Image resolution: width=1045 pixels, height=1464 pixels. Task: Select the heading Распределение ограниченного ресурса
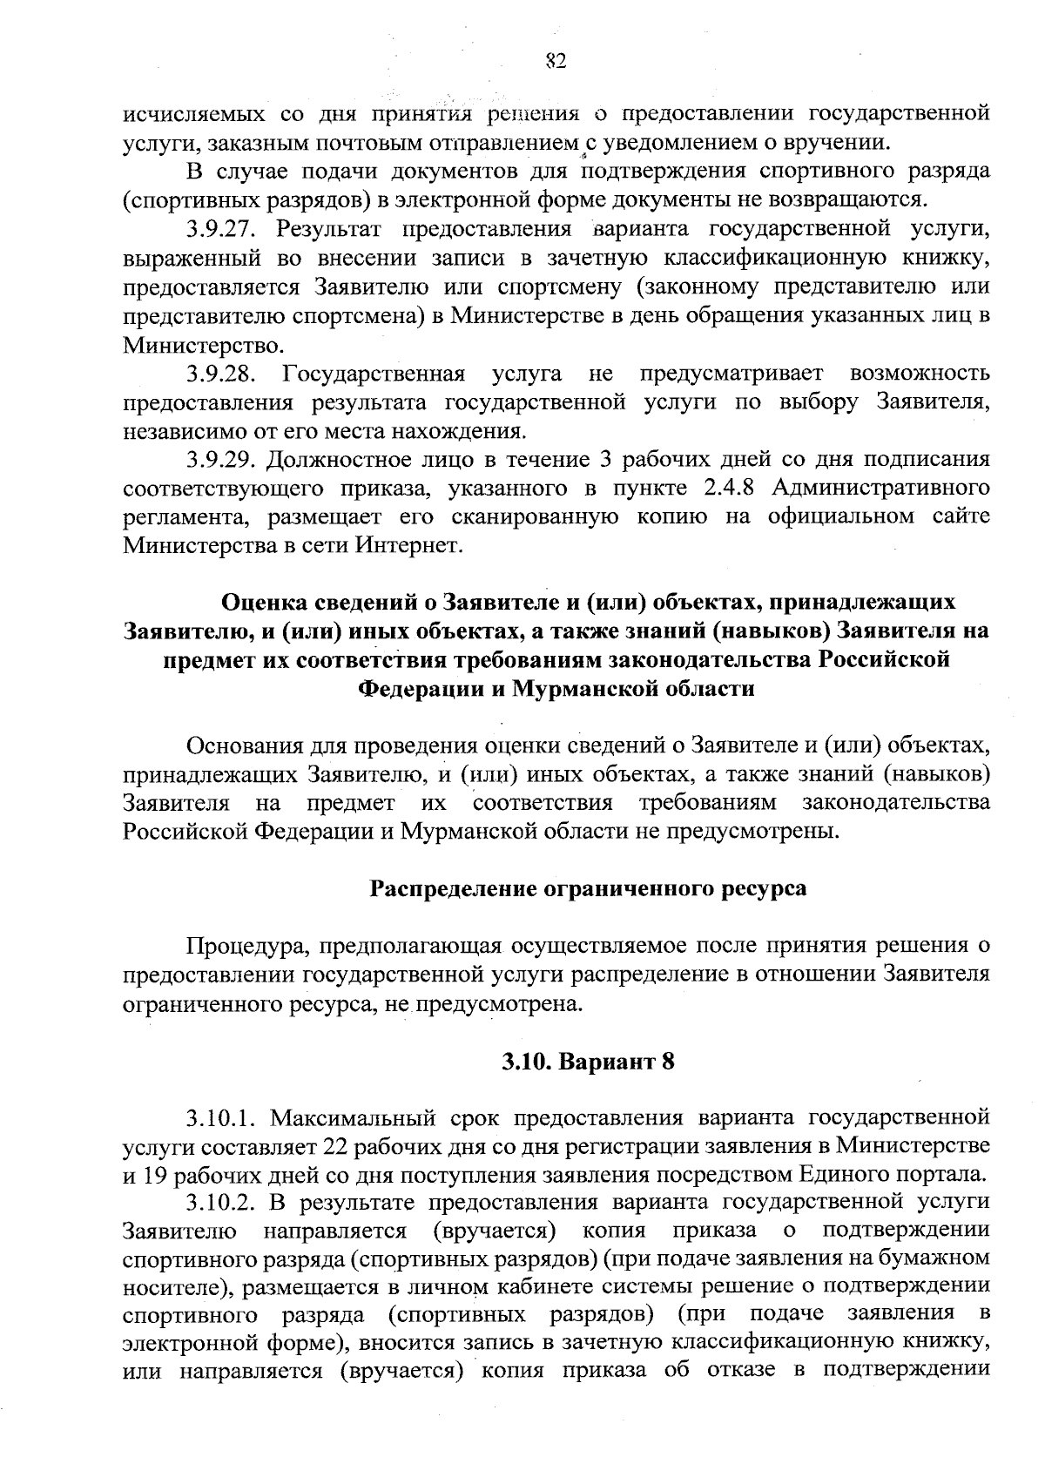point(588,888)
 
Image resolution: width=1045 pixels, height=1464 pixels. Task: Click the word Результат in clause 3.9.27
point(332,230)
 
